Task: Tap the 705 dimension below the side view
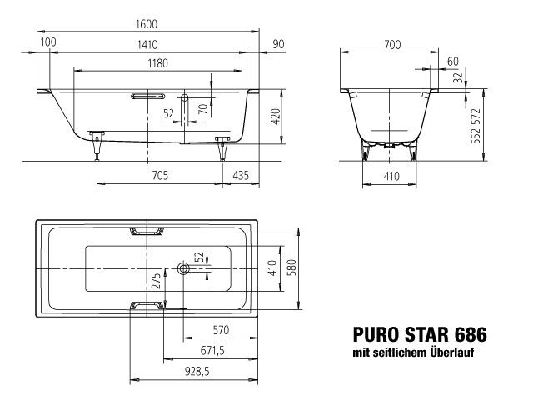[x=160, y=174]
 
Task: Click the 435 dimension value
[x=240, y=174]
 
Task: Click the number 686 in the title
[x=471, y=337]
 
